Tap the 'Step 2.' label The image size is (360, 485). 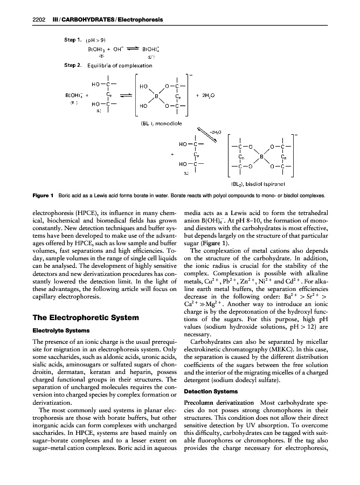point(72,65)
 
